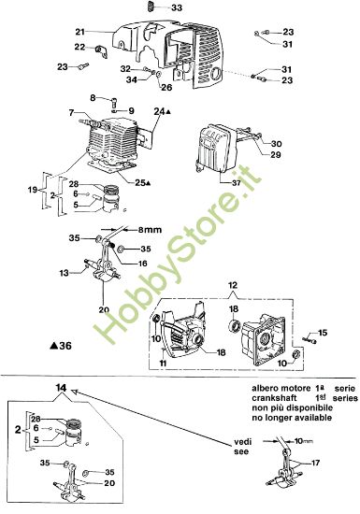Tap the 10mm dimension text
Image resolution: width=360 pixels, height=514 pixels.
(302, 439)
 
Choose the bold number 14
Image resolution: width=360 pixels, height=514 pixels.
(61, 387)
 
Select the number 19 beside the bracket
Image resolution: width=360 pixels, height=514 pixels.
(33, 190)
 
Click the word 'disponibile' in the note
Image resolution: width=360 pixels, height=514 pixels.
(300, 408)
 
